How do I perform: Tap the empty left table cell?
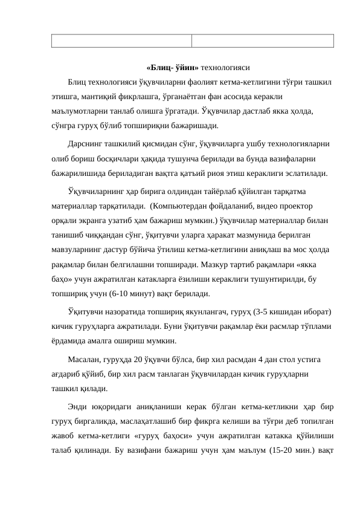[x=121, y=41]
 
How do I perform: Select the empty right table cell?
[x=263, y=41]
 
